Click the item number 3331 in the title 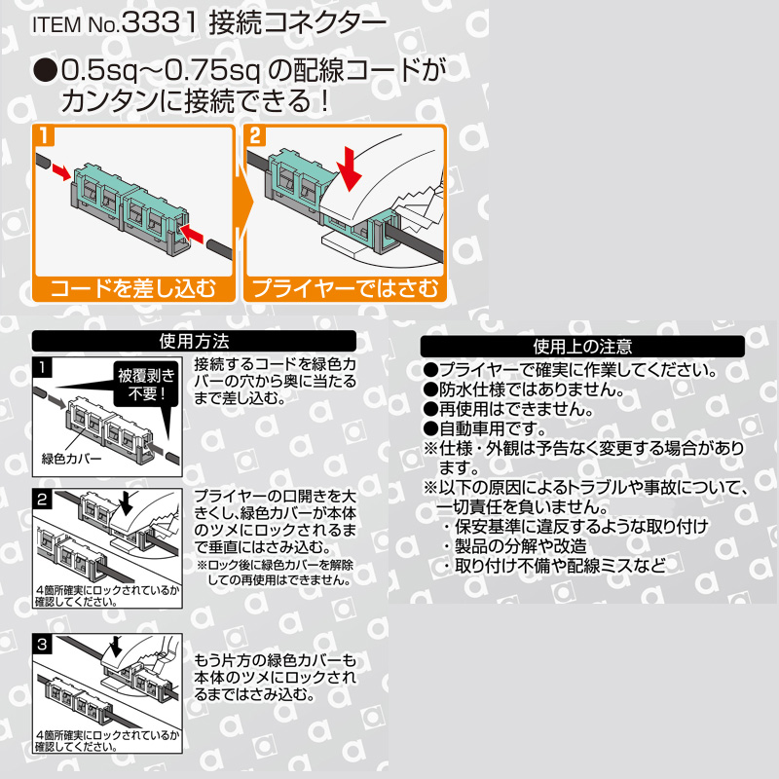coord(159,23)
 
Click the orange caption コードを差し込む coord(132,288)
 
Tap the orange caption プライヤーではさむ coord(346,288)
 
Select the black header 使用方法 coord(194,342)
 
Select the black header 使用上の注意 coord(582,346)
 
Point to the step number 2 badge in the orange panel coord(255,135)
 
